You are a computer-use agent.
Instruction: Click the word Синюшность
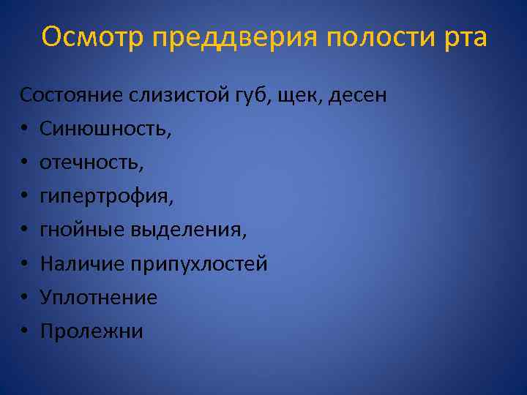pyautogui.click(x=105, y=129)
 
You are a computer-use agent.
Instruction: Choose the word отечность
pyautogui.click(x=91, y=162)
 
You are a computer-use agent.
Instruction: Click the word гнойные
pyautogui.click(x=83, y=230)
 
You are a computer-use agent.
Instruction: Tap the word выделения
pyautogui.click(x=189, y=230)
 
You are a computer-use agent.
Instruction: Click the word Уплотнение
pyautogui.click(x=99, y=298)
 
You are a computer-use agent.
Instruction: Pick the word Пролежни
pyautogui.click(x=91, y=331)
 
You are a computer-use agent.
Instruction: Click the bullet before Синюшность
pyautogui.click(x=24, y=130)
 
